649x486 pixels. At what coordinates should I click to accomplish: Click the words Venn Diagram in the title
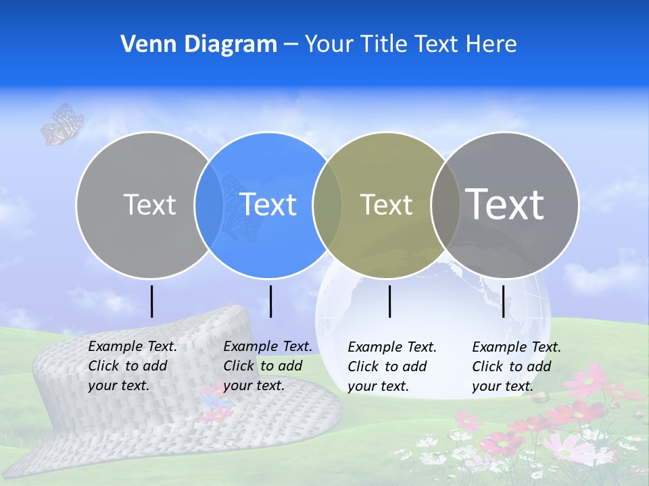[x=199, y=44]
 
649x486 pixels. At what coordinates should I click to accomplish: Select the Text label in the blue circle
[x=268, y=205]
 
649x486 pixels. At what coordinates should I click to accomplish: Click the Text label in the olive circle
[x=386, y=205]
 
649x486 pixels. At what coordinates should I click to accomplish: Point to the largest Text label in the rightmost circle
[x=504, y=204]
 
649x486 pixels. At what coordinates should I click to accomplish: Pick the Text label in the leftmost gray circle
[x=149, y=205]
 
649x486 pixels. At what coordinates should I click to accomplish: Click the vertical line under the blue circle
[x=270, y=301]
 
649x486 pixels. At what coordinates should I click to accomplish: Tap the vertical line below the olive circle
[x=389, y=301]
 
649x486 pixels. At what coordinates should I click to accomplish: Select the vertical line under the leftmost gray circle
[x=152, y=301]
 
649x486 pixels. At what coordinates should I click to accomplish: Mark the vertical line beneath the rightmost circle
[x=503, y=301]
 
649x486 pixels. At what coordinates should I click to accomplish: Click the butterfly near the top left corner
[x=62, y=124]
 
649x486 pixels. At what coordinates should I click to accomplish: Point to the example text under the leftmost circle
[x=133, y=366]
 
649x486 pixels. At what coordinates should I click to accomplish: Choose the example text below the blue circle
[x=268, y=366]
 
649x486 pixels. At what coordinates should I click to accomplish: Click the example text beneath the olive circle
[x=392, y=367]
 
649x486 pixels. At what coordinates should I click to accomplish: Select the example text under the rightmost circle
[x=516, y=367]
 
